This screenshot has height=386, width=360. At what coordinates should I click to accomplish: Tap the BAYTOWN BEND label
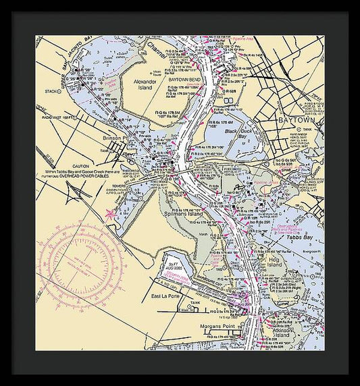point(182,79)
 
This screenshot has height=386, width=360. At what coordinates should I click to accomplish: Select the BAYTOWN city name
point(298,120)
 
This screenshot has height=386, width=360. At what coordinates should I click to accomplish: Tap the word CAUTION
point(81,166)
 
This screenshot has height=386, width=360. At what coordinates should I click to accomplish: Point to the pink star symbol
point(109,214)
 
